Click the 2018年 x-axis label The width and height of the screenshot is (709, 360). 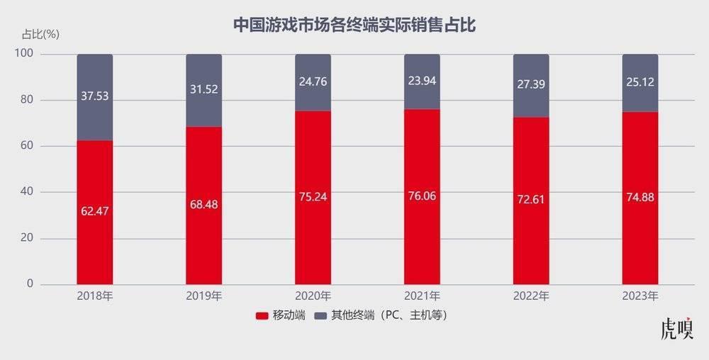point(95,296)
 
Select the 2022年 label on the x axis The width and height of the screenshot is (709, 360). point(531,296)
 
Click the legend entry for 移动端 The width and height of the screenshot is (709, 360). point(281,314)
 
